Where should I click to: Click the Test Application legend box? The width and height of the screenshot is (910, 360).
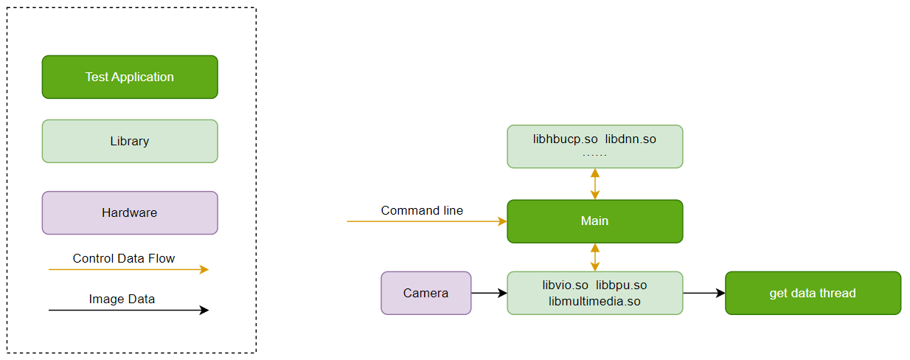(130, 77)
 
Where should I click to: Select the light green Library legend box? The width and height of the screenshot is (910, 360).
(130, 141)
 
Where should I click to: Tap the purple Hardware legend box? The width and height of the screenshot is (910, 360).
(130, 212)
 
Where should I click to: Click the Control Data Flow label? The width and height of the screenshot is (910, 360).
(124, 259)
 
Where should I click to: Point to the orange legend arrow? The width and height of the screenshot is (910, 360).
(128, 270)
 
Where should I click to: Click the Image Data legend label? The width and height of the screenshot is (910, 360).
(122, 300)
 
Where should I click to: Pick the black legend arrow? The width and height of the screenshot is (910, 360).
(128, 311)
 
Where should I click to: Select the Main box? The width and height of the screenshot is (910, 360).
(594, 221)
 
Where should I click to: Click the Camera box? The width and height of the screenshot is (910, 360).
(426, 293)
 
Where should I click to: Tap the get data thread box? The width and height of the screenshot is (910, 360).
(813, 293)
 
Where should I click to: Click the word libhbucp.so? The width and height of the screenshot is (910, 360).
(566, 139)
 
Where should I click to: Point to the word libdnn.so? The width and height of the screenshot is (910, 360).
(631, 139)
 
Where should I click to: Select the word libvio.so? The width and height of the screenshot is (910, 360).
(566, 285)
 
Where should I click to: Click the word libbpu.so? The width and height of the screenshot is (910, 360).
(622, 285)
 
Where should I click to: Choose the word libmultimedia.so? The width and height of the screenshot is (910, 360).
(594, 301)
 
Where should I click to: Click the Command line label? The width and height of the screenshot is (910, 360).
(422, 211)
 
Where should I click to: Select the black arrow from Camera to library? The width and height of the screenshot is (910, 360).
(489, 293)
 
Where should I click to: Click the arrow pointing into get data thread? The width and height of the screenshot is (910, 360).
(704, 293)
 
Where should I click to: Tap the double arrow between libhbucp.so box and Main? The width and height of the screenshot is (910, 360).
(595, 184)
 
